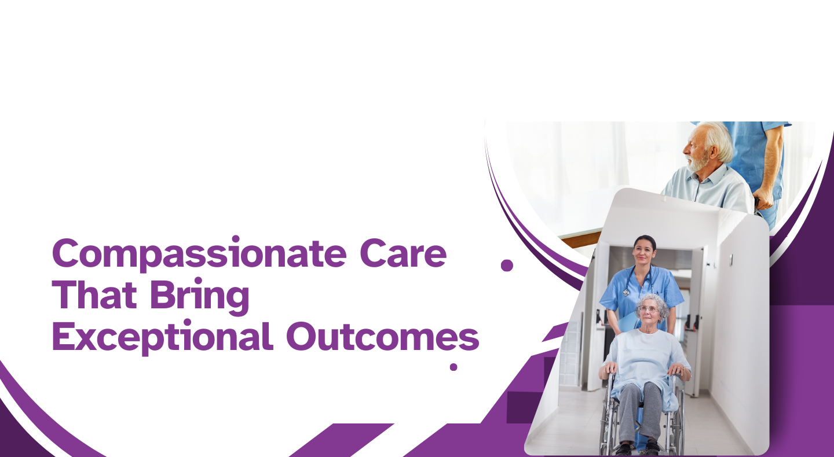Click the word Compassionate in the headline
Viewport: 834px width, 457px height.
pos(200,255)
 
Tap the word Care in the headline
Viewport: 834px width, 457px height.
pos(403,253)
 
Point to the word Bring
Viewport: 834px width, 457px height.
pos(200,296)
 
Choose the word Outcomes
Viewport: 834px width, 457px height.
pos(383,337)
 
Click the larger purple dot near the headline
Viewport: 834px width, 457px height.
pos(507,266)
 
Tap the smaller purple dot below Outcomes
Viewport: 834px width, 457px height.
pos(453,367)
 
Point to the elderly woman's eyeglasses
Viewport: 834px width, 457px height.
pos(648,309)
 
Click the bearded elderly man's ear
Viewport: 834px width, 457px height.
pos(713,152)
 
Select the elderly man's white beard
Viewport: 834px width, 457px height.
pos(697,162)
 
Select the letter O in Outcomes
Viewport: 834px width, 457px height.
pos(302,337)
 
